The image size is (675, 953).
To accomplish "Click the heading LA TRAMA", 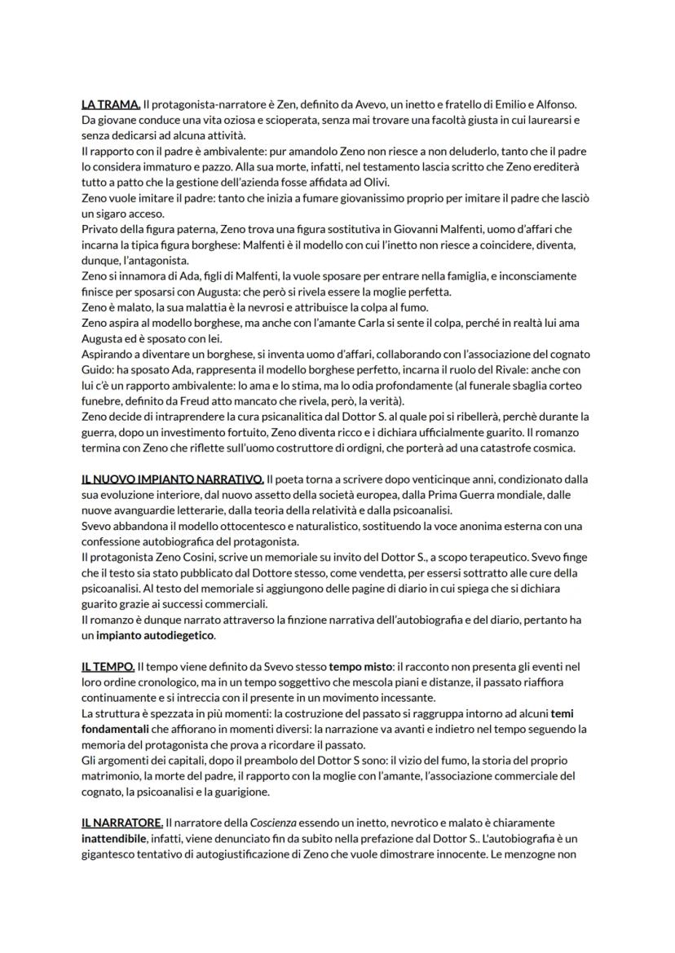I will (x=111, y=104).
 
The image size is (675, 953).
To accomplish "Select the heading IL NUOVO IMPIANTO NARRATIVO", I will (x=172, y=479).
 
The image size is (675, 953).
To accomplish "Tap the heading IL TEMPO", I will (x=108, y=667).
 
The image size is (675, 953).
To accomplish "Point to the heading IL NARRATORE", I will (x=122, y=823).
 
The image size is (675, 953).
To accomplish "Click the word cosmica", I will (x=558, y=448).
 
